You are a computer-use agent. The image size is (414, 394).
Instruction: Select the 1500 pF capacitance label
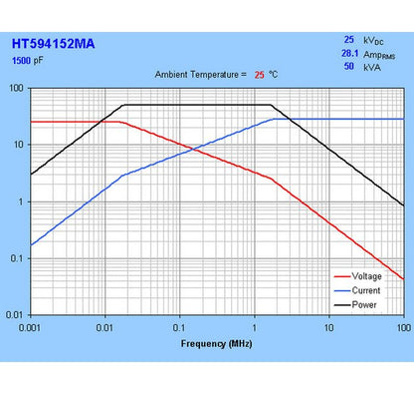28,61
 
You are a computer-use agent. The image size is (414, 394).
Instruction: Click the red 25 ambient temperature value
259,75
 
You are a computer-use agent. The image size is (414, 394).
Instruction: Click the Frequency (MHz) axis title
216,343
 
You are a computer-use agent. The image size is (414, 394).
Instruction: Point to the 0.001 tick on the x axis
31,328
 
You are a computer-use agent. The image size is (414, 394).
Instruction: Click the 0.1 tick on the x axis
179,328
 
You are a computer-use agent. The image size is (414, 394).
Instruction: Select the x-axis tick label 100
401,328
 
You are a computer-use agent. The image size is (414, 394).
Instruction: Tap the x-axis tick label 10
328,328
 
